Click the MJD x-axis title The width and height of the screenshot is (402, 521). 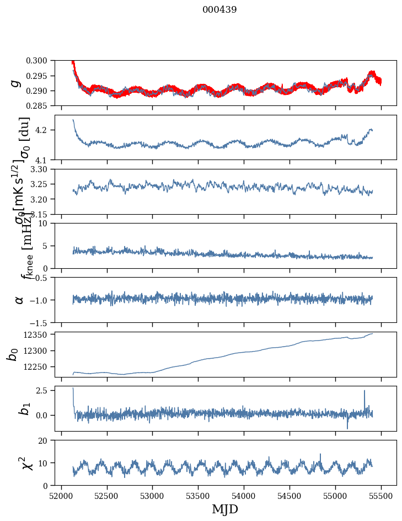coord(225,509)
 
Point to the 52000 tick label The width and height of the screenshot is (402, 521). coord(61,496)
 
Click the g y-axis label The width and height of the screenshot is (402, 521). coord(16,83)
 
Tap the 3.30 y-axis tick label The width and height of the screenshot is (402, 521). coord(44,169)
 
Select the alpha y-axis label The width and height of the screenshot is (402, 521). coord(19,300)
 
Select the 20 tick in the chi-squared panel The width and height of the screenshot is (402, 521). coord(47,440)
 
